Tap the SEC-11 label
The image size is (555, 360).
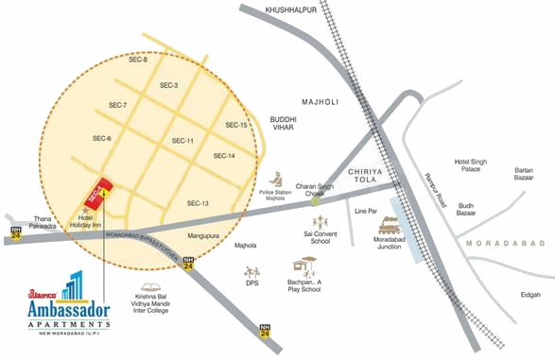pyautogui.click(x=182, y=141)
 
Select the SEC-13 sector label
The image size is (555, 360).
pyautogui.click(x=198, y=203)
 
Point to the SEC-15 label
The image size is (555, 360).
pyautogui.click(x=236, y=125)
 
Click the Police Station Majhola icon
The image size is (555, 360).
pyautogui.click(x=277, y=179)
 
